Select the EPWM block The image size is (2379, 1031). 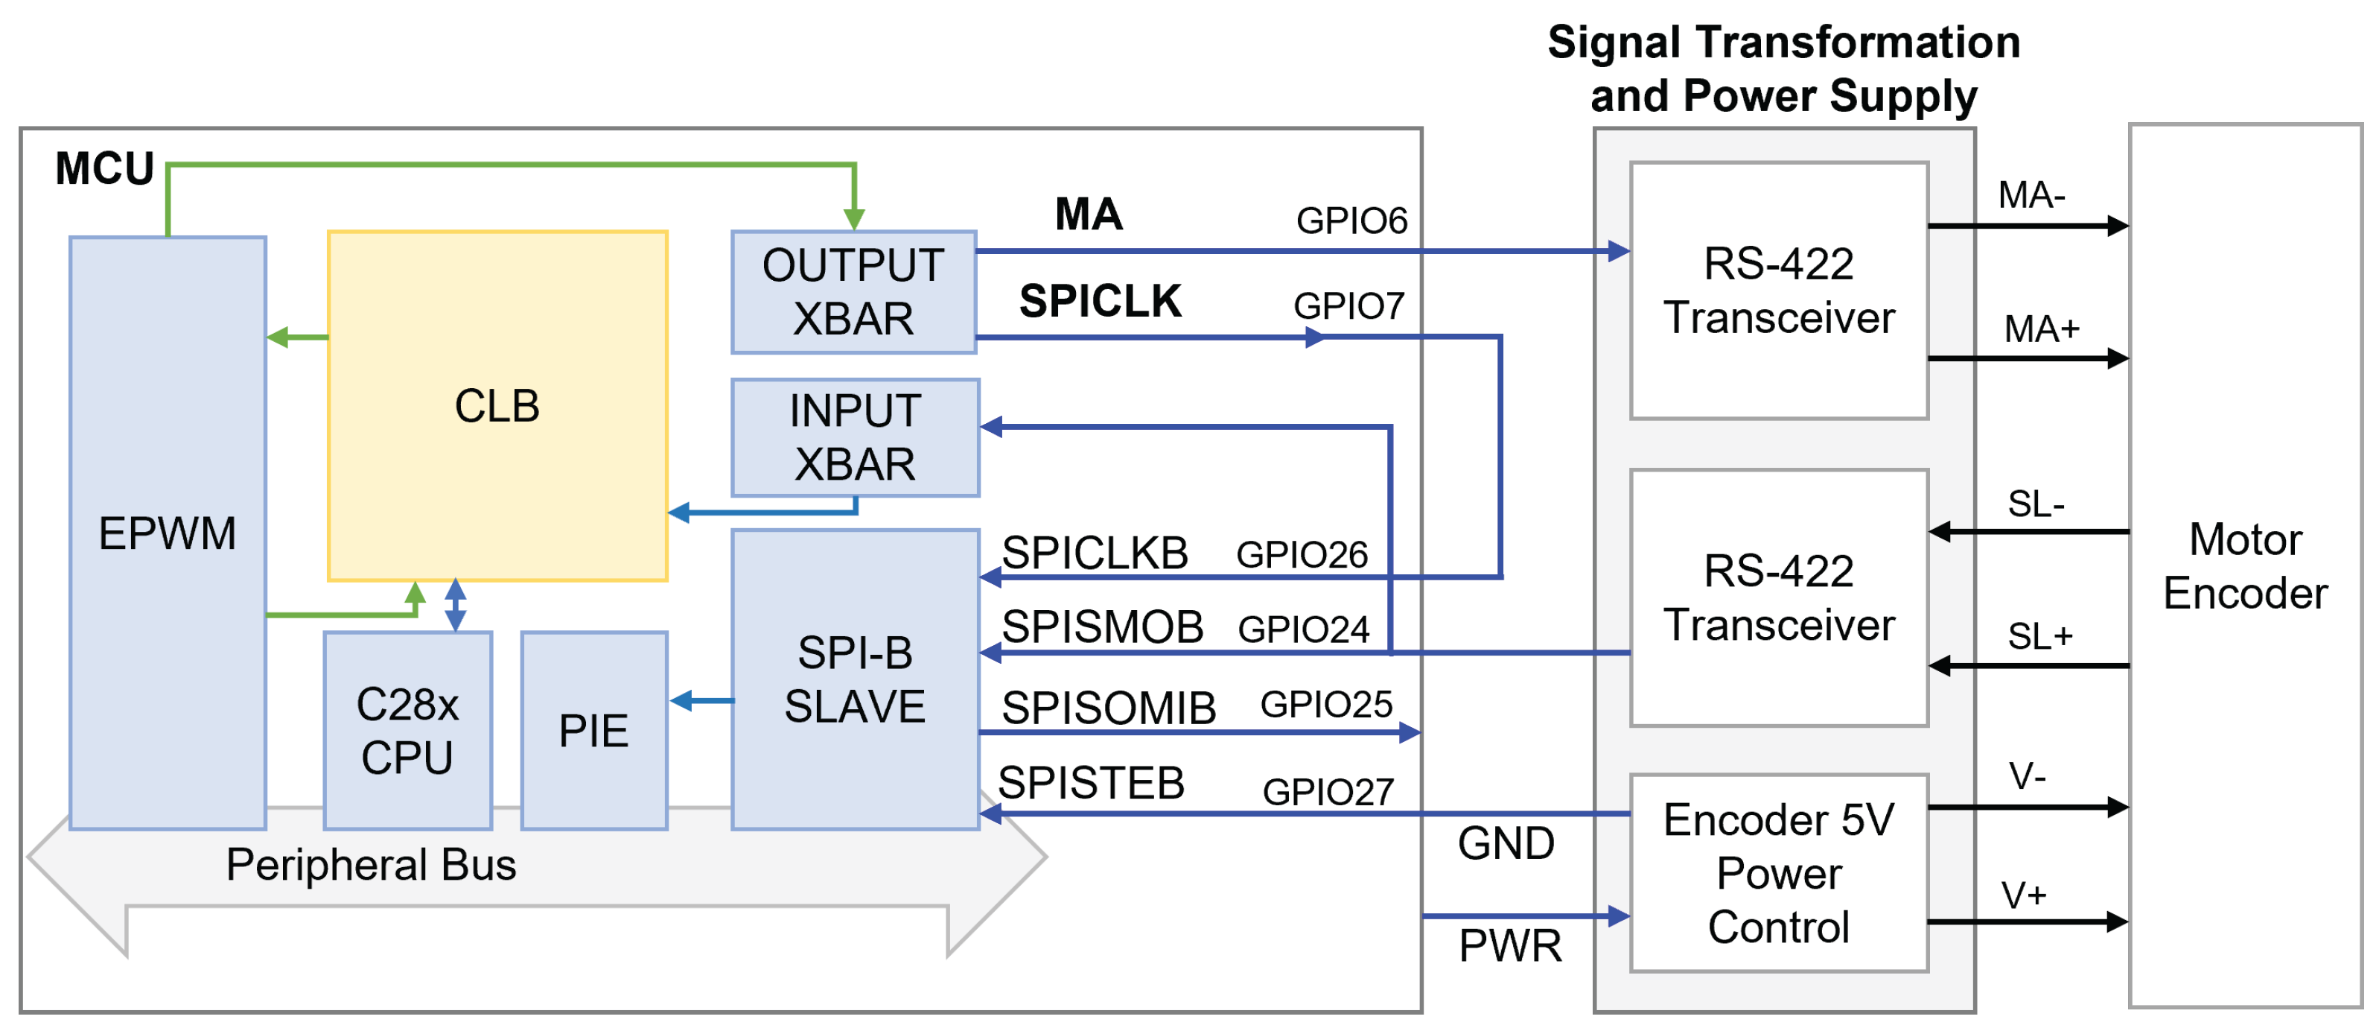pos(167,533)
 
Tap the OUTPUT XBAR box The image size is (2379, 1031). pos(853,292)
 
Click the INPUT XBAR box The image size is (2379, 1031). pos(854,437)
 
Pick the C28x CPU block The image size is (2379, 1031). pos(407,731)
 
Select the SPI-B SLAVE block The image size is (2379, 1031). pos(854,679)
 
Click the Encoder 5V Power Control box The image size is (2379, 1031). pos(1778,873)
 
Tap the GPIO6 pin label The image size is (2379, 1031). pos(1351,221)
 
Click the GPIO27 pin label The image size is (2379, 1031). pos(1327,792)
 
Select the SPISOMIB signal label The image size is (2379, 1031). pos(1108,708)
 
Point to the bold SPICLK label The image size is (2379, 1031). pos(1099,301)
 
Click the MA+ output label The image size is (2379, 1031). pos(2041,329)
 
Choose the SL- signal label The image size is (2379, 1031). pos(2036,504)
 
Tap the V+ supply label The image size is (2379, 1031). pos(2023,895)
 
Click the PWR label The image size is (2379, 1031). pos(1510,946)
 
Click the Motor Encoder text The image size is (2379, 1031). pos(2244,565)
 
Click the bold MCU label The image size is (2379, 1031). pos(104,169)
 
